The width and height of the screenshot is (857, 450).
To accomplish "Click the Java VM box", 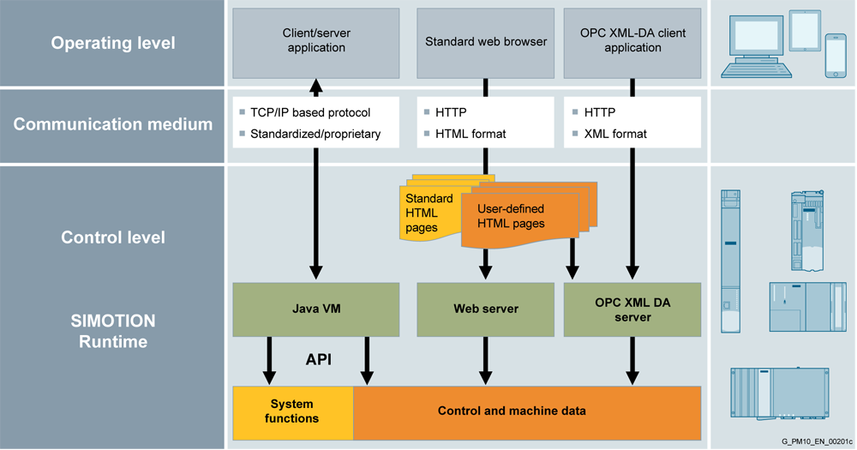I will point(316,309).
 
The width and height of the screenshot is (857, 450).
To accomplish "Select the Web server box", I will point(485,309).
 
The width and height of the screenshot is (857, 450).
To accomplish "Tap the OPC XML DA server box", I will point(632,309).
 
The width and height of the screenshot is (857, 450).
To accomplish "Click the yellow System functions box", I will point(292,411).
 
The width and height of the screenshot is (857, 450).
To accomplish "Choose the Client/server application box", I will point(316,40).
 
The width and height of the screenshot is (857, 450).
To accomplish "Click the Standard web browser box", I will point(486,40).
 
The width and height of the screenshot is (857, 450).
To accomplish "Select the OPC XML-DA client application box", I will point(632,40).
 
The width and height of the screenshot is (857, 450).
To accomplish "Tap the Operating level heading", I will point(113,43).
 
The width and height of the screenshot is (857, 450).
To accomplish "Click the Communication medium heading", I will point(113,125).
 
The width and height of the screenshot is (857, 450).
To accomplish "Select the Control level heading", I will point(113,237).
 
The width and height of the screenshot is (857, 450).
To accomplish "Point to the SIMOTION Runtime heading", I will point(113,331).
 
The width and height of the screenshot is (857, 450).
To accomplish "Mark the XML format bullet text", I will point(615,134).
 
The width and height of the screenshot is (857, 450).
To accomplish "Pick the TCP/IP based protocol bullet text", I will point(310,112).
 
